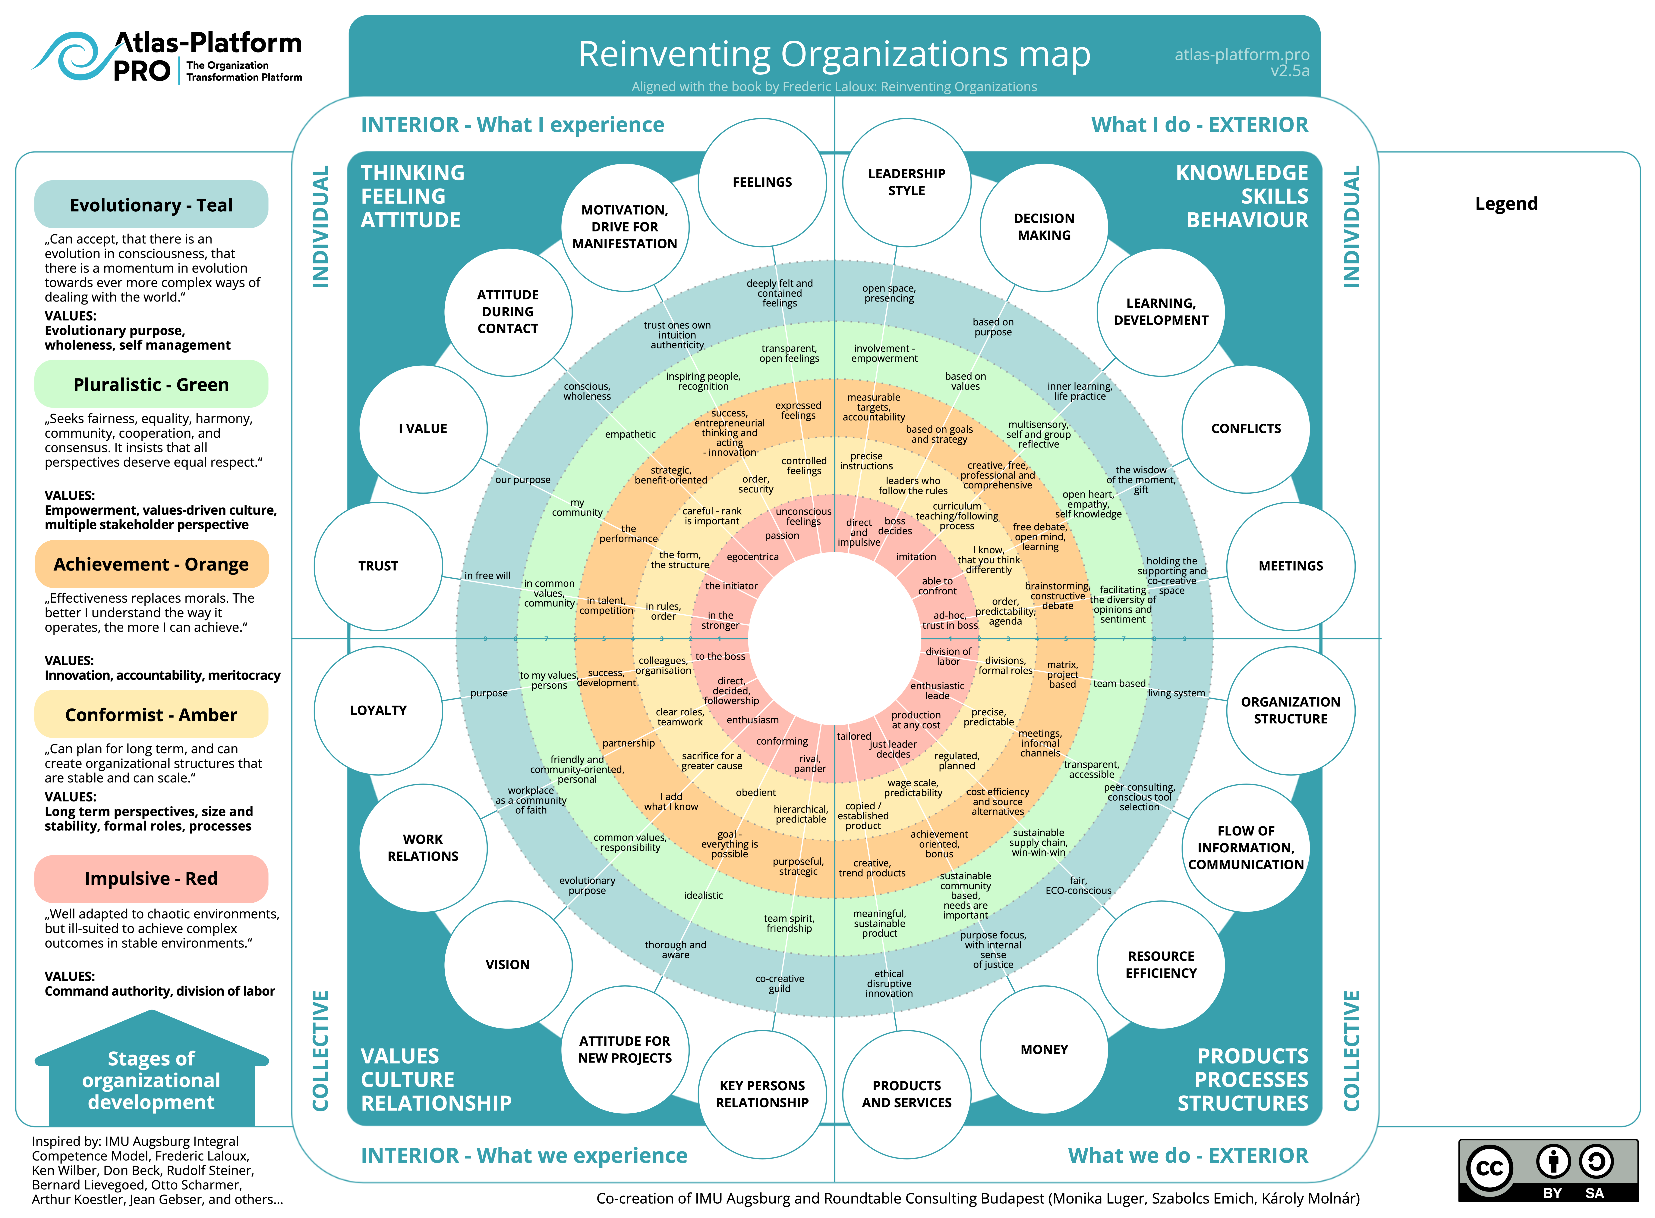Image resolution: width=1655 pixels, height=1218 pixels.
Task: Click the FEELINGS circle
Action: [762, 182]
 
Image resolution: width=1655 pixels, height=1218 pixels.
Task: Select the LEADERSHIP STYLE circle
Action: [906, 182]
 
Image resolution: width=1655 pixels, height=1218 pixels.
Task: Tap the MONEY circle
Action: [1044, 1049]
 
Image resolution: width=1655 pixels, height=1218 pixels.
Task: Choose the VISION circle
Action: [507, 964]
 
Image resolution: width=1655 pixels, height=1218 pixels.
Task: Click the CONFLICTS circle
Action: [1246, 428]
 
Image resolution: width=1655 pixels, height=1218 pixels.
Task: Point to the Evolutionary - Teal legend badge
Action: [151, 205]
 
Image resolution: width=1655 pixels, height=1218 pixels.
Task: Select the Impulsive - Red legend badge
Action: [151, 879]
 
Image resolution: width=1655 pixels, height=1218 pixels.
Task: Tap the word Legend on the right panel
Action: [1506, 204]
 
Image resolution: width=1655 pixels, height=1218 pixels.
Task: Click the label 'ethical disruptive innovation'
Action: [889, 984]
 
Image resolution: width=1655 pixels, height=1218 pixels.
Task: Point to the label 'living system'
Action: [1176, 693]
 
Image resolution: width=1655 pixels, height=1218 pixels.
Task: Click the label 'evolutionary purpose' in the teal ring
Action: [587, 885]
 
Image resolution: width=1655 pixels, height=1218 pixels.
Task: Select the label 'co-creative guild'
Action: [780, 984]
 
